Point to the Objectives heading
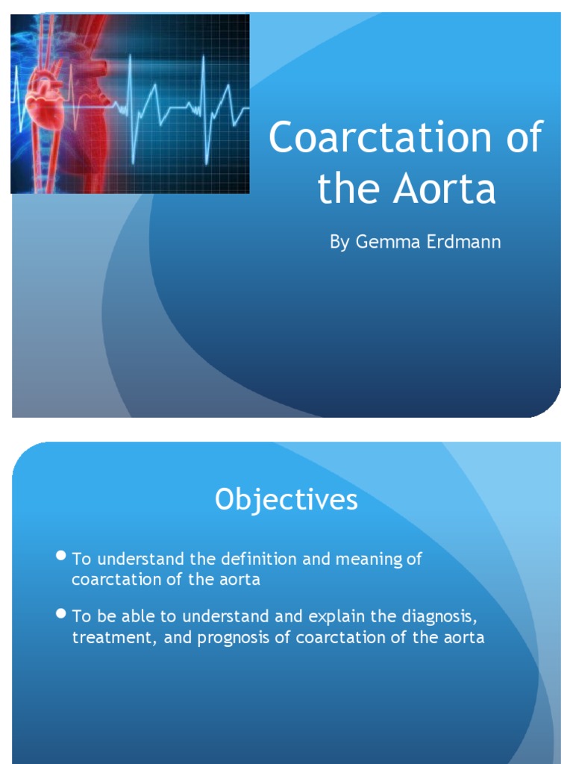click(x=286, y=500)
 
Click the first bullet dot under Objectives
click(x=62, y=557)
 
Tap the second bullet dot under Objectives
click(x=62, y=615)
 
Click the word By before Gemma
click(x=339, y=243)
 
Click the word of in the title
click(x=522, y=138)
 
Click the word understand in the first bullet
click(x=131, y=559)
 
